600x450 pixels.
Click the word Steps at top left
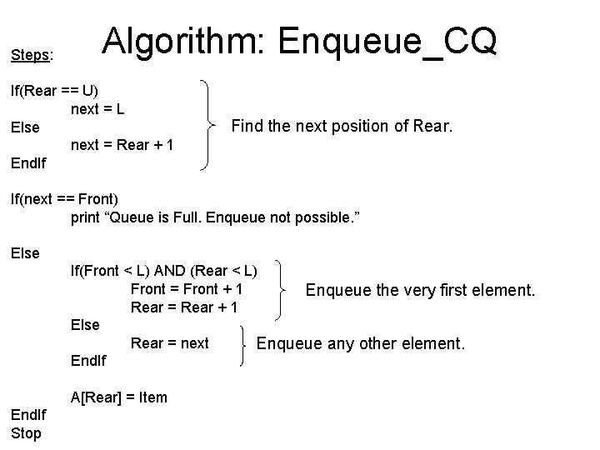click(x=30, y=56)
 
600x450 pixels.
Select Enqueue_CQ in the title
click(x=388, y=40)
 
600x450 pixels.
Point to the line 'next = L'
click(x=98, y=108)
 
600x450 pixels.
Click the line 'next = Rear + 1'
click(x=122, y=145)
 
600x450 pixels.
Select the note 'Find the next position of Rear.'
click(x=342, y=127)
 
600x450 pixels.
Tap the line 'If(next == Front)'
click(x=64, y=200)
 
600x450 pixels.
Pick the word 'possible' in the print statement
click(x=324, y=218)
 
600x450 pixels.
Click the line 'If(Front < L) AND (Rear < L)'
click(x=163, y=270)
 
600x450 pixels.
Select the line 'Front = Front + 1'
click(x=187, y=288)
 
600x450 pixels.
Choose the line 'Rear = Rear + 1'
click(x=184, y=307)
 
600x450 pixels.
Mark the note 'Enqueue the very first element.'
click(x=421, y=290)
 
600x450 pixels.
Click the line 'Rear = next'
click(x=169, y=343)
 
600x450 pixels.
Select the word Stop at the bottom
click(x=26, y=433)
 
